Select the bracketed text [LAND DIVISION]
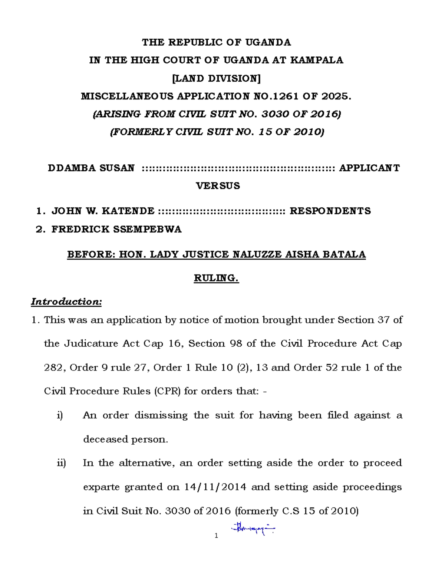click(x=217, y=78)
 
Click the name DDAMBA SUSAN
click(x=91, y=168)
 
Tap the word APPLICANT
click(x=369, y=168)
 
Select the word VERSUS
click(x=218, y=186)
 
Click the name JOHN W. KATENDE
click(x=103, y=211)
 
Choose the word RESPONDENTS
click(x=330, y=211)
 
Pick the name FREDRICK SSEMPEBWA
click(x=116, y=229)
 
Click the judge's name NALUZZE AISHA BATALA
click(x=299, y=254)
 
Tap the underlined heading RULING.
click(x=216, y=278)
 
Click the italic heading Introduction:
click(x=66, y=302)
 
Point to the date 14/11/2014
click(x=215, y=487)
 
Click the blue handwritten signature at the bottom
click(x=253, y=528)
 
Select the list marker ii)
click(x=61, y=463)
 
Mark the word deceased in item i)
click(x=105, y=440)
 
